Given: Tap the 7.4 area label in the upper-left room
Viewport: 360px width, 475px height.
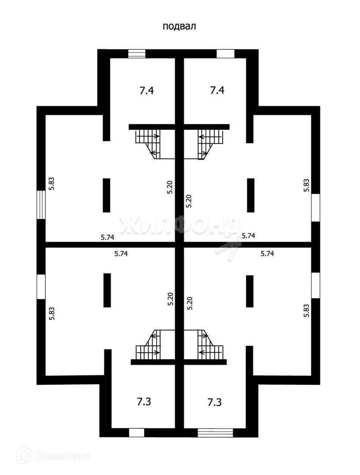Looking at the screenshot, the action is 147,91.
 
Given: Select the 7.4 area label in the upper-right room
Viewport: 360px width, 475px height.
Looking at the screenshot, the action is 217,91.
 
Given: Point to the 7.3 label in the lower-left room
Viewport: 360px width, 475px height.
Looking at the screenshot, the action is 144,402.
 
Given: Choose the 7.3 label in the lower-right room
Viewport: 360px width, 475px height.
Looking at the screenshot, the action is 214,402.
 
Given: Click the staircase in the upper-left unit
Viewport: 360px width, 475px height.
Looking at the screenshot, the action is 150,143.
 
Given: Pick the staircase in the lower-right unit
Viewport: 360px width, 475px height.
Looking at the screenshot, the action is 206,345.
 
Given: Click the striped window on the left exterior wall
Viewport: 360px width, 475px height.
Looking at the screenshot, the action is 40,204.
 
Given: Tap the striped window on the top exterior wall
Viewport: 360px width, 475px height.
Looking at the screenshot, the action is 136,54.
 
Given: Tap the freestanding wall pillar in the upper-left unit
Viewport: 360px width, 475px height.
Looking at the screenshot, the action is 107,195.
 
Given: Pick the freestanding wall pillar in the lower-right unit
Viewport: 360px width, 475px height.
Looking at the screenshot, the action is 250,291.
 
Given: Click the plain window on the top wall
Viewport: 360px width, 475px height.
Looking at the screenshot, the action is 226,54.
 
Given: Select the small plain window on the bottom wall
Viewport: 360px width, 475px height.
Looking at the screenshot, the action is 136,432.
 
